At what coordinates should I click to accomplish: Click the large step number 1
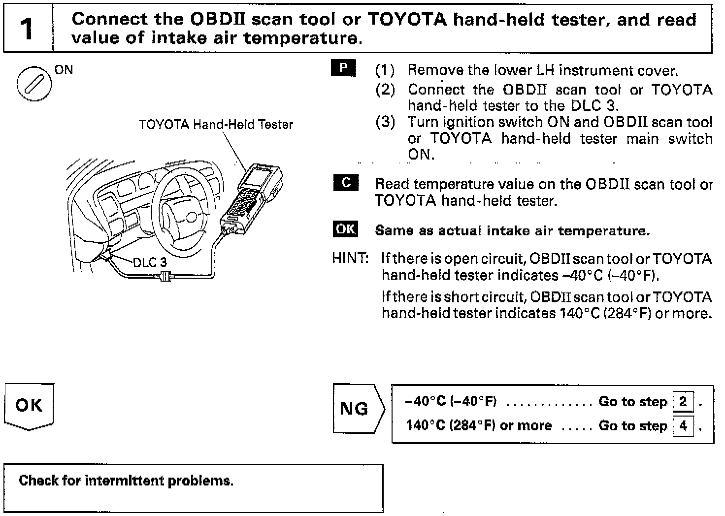coord(28,29)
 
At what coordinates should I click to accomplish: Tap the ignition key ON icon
coord(34,83)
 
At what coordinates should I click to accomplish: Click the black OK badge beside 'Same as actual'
coord(345,229)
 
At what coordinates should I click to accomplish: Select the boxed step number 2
coord(683,401)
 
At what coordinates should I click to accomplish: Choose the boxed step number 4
coord(683,425)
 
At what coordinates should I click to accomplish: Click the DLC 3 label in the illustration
coord(150,262)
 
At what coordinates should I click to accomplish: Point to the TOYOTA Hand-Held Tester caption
coord(216,125)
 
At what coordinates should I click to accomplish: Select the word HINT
coord(350,258)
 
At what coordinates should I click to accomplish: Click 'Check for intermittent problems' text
coord(126,481)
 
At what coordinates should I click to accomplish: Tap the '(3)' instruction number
coord(385,122)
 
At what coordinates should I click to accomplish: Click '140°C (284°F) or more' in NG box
coord(478,425)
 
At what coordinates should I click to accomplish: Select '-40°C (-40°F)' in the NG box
coord(450,401)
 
